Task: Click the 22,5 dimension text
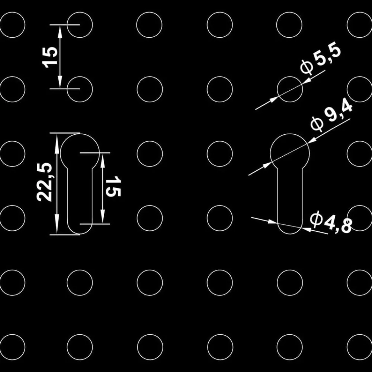(44, 182)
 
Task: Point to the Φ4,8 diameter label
(331, 224)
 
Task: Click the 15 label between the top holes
(50, 57)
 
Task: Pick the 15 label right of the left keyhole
(113, 186)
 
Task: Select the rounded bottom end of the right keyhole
(290, 234)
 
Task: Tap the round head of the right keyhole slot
(290, 134)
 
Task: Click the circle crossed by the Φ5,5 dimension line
(290, 77)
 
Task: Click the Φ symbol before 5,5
(307, 67)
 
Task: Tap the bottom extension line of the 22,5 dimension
(65, 235)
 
